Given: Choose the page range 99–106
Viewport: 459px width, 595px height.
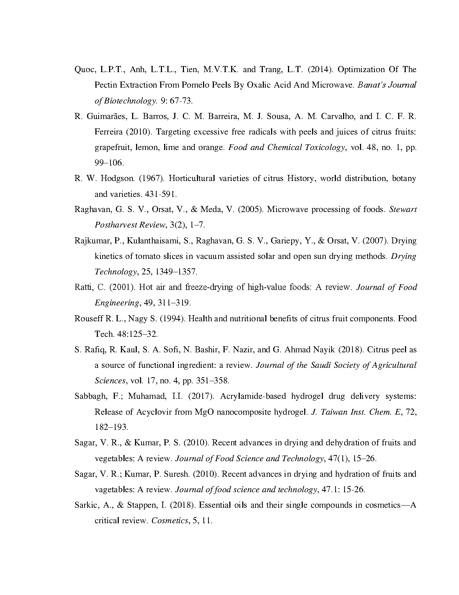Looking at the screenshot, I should [109, 163].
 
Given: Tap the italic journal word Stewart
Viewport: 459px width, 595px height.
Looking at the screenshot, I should [403, 210].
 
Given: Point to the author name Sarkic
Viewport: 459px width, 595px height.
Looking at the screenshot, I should [86, 505].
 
